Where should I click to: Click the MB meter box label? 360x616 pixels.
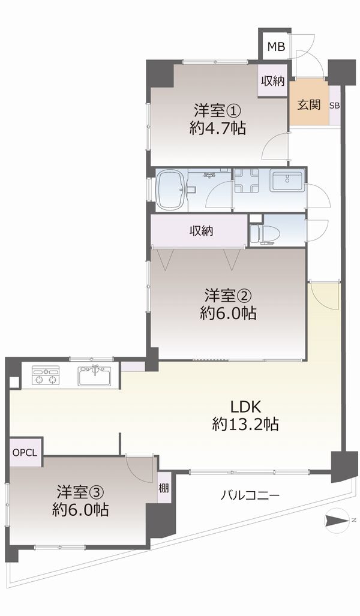[276, 47]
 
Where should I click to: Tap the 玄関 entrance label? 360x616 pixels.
[308, 105]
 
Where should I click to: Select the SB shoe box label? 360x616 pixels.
[334, 106]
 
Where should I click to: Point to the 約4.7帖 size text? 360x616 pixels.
[218, 128]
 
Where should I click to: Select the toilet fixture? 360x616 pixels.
[262, 235]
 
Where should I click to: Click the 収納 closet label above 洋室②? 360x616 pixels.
[202, 231]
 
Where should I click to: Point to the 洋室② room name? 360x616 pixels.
[229, 295]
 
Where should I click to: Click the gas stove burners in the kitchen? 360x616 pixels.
[46, 374]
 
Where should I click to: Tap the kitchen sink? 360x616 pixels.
[95, 376]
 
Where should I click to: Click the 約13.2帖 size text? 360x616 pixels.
[245, 424]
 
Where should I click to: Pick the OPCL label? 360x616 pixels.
[25, 452]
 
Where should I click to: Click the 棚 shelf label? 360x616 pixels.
[164, 488]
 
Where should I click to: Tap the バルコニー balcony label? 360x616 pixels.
[250, 495]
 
